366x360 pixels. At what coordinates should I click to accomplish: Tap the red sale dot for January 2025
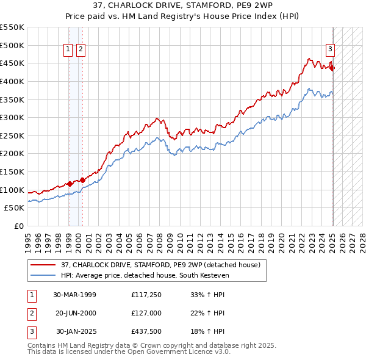pos(332,68)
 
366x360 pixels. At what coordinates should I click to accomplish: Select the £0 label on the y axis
pos(19,226)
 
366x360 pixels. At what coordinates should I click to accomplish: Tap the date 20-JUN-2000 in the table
pos(76,313)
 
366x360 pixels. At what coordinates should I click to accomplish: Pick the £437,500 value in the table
pos(145,332)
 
